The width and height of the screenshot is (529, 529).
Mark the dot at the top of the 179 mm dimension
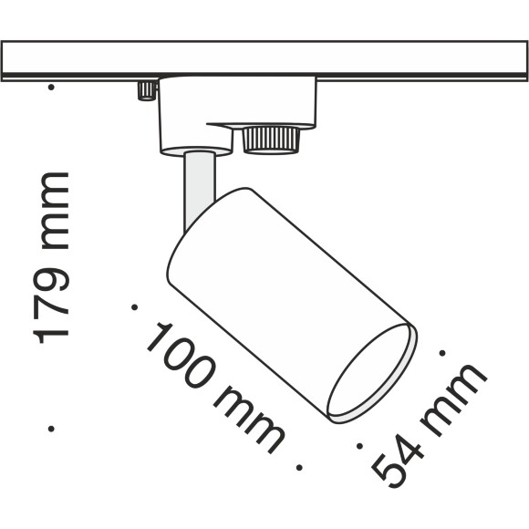(52, 88)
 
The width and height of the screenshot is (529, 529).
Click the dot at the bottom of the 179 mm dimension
(52, 425)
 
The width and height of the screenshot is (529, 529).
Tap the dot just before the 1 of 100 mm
(134, 306)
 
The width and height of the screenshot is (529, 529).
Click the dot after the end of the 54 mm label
(443, 350)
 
